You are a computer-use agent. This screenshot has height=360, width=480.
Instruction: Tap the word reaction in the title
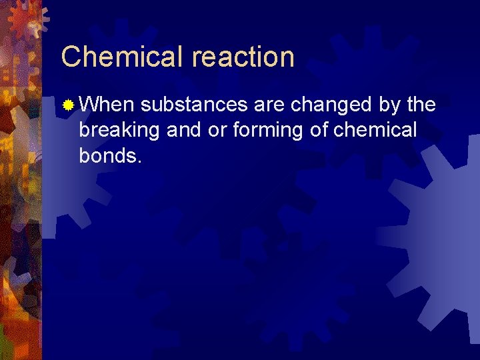[x=243, y=58]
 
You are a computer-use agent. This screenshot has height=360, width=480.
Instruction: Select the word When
[x=107, y=105]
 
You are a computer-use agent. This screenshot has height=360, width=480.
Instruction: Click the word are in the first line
[x=268, y=105]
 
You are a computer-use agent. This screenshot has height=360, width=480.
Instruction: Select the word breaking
[x=119, y=130]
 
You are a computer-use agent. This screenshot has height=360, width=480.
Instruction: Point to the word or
[x=218, y=130]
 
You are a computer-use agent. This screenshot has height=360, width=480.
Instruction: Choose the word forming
[x=269, y=131]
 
